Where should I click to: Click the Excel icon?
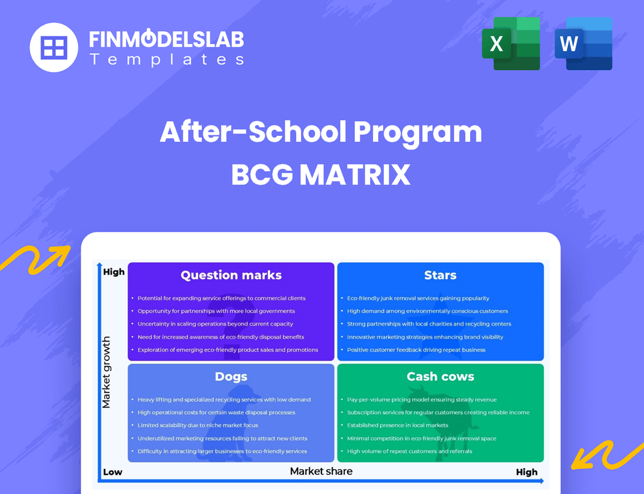coord(511,44)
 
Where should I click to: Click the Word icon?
coord(583,44)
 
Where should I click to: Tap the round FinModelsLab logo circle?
coord(54,47)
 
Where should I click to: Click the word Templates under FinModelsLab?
coord(166,59)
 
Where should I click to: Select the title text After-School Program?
coord(321,132)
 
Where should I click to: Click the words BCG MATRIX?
coord(321,174)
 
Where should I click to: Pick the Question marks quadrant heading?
coord(231,275)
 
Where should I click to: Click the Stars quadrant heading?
coord(440,275)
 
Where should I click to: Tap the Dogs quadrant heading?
coord(231,377)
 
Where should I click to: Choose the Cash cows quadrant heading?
coord(440,377)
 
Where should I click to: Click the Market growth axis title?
coord(106,372)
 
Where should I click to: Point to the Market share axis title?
coord(321,471)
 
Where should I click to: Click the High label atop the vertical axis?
coord(114,272)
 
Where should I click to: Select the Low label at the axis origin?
coord(112,472)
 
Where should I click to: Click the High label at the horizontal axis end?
coord(526,472)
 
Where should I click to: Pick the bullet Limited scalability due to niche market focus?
coord(198,425)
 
